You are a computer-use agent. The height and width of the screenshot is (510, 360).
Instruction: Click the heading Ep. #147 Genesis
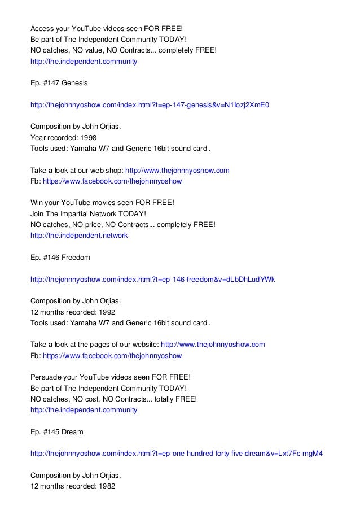[x=59, y=83]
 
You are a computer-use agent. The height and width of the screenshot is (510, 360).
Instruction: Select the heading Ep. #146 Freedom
[x=60, y=258]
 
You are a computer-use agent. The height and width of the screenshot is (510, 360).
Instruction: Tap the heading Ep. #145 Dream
[x=56, y=432]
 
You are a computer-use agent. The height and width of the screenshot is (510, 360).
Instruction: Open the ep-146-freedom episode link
[x=152, y=280]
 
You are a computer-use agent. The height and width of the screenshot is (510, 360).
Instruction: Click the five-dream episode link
[x=176, y=454]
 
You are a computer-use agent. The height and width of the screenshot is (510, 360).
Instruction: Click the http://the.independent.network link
[x=79, y=236]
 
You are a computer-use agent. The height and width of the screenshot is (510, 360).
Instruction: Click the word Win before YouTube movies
[x=37, y=203]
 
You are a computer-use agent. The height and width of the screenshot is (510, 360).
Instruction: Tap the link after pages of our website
[x=213, y=345]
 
